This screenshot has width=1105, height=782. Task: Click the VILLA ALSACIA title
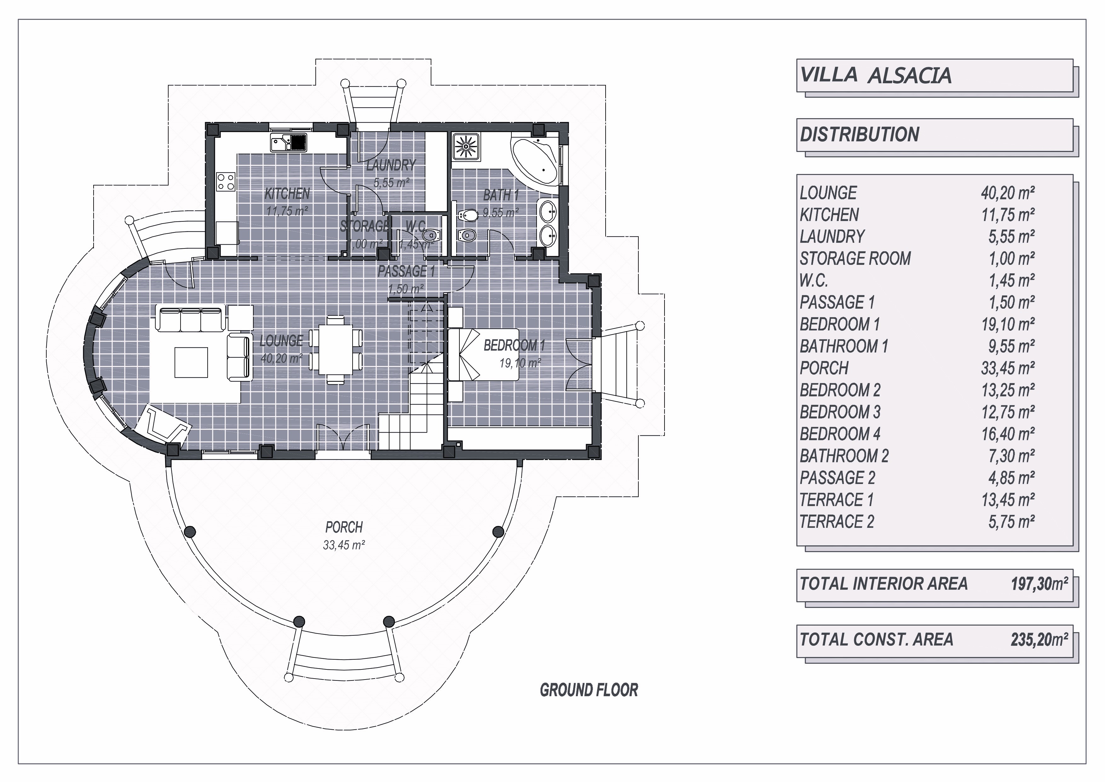coord(875,76)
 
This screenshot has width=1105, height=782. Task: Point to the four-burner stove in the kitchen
coord(226,182)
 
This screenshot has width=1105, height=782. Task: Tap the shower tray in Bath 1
coord(466,146)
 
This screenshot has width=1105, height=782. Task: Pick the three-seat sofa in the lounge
coord(190,319)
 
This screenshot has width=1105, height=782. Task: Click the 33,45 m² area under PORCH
coord(344,546)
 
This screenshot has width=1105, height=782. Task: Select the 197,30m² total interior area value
coord(1039,584)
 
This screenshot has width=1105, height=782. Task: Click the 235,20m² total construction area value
coord(1039,640)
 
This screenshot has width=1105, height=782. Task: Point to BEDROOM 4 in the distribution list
coord(840,434)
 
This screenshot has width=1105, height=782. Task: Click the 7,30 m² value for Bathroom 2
coord(1012,456)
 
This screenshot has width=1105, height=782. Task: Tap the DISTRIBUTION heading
coord(860,134)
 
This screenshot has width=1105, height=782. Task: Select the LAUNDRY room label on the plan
coord(391,165)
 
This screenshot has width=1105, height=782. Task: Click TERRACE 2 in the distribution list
coord(837,522)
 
